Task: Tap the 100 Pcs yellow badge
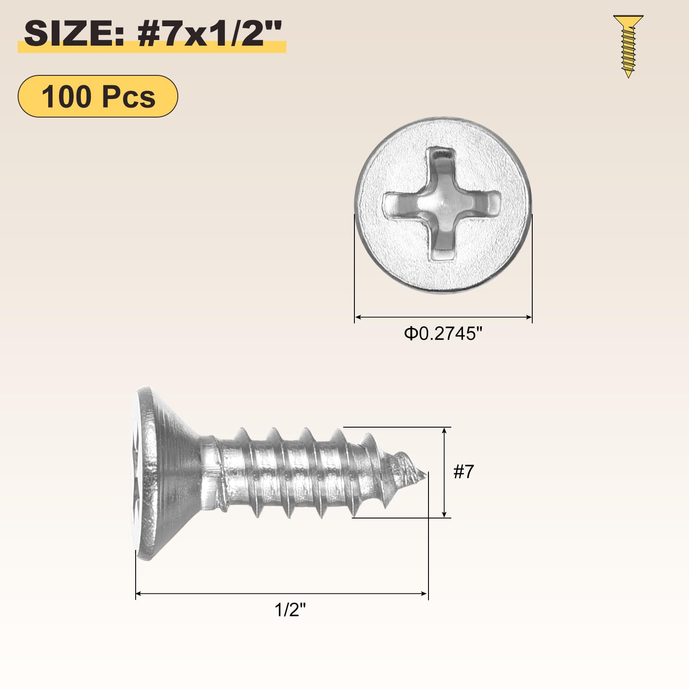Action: (x=98, y=96)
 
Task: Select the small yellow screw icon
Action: (x=628, y=47)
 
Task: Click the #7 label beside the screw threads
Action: (x=464, y=472)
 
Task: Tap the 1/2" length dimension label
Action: (x=290, y=610)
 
